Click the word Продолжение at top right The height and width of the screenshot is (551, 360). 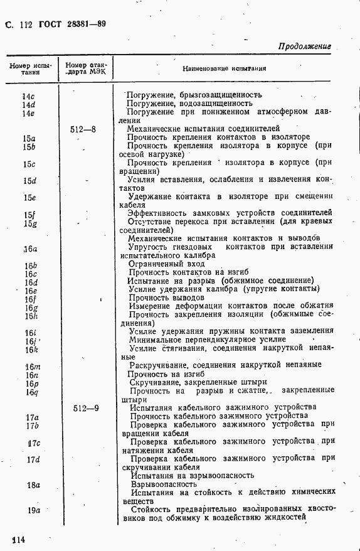click(304, 46)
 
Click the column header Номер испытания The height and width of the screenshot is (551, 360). click(29, 68)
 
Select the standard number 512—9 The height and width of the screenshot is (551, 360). click(85, 407)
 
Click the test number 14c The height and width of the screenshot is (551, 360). click(28, 96)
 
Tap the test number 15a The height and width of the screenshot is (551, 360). click(29, 138)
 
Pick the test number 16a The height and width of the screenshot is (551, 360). click(30, 249)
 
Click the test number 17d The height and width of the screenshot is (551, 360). click(33, 459)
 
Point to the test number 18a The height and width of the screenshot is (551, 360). click(33, 484)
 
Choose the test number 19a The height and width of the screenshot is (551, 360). click(33, 510)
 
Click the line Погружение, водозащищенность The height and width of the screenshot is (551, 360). click(189, 104)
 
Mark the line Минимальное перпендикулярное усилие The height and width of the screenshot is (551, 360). click(207, 339)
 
